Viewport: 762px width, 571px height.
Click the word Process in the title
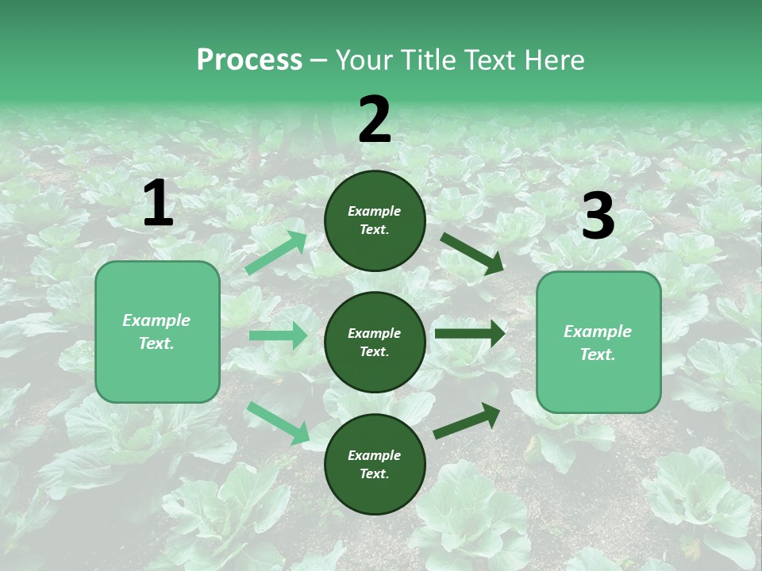pos(249,60)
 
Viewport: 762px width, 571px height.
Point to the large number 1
pos(158,204)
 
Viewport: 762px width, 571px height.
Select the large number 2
pos(375,120)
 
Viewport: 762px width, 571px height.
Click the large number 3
pos(598,217)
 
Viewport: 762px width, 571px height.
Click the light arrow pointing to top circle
pos(276,253)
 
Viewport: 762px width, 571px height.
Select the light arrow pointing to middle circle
pos(278,335)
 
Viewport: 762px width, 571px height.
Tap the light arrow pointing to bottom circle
pos(279,422)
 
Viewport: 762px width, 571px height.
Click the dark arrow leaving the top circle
pos(471,253)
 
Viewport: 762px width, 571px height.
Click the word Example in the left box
pos(156,320)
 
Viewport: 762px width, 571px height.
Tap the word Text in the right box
pos(597,354)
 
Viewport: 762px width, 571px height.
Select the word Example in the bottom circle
pos(375,455)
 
